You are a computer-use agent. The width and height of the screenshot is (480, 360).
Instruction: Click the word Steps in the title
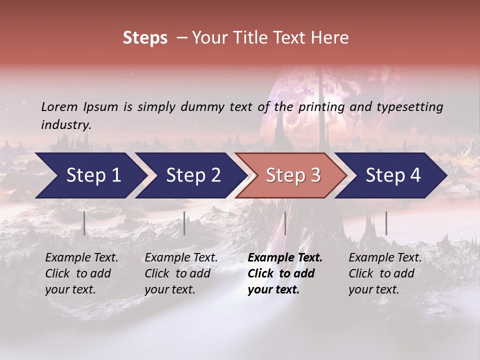[145, 38]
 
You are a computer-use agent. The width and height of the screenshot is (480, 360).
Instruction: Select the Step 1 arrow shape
[90, 175]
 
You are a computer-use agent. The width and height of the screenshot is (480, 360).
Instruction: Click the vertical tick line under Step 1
[84, 223]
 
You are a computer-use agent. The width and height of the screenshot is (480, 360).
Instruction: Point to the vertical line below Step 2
[184, 223]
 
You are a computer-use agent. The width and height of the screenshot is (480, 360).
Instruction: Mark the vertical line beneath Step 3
[285, 223]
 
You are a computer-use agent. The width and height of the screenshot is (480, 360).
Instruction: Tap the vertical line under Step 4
[386, 223]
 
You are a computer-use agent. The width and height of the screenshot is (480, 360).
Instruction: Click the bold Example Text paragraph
[285, 273]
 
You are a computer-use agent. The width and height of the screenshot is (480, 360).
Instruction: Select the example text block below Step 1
[81, 273]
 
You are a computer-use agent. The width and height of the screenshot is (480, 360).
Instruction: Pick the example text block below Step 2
[181, 273]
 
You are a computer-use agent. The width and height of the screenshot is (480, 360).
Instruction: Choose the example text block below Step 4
[385, 273]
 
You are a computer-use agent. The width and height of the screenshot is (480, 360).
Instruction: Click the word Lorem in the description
[59, 106]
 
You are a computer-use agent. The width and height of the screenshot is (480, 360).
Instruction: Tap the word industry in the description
[66, 124]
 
